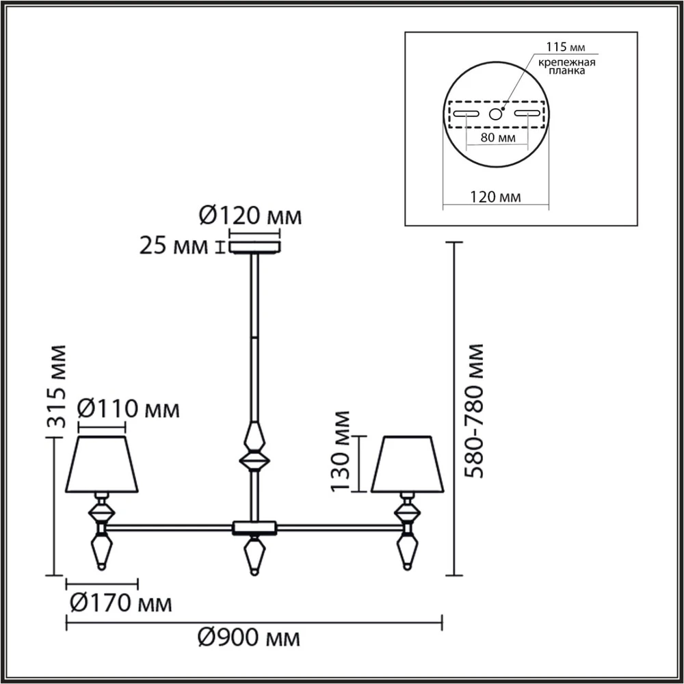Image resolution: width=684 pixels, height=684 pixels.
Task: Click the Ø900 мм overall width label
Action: pos(249,640)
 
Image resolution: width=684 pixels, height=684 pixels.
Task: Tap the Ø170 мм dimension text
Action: pos(120,604)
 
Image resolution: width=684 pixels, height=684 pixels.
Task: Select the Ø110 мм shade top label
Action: pos(128,410)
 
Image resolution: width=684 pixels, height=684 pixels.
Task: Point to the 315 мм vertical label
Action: pos(57,386)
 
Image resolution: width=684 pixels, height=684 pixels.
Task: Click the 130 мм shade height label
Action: pos(340,451)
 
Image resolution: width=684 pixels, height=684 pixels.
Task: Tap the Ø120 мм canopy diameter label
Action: pos(250,217)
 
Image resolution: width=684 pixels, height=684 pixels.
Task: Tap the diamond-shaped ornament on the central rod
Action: pos(254,447)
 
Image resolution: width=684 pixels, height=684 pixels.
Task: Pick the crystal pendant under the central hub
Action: pos(254,554)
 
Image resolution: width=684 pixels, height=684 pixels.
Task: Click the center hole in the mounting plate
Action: pos(496,114)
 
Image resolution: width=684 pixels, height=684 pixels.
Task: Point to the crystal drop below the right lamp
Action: pos(408,551)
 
